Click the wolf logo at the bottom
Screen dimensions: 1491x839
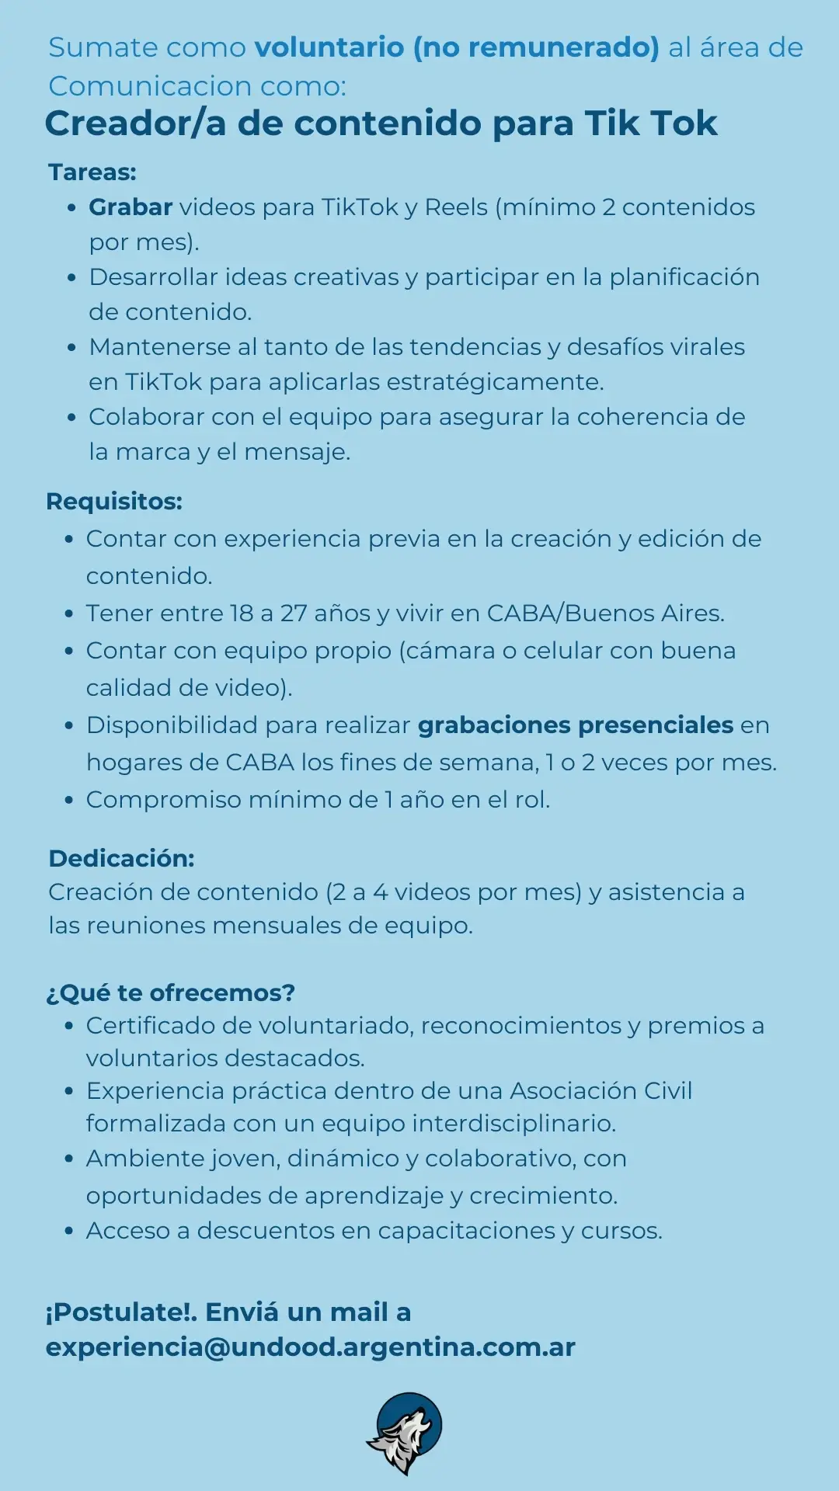pos(405,1433)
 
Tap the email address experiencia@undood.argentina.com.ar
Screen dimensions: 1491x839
pos(310,1347)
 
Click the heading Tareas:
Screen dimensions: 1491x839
pos(92,172)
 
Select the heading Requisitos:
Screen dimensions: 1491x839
pos(114,501)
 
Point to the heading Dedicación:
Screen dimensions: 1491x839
pos(121,858)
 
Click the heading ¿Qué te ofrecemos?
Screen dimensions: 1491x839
pos(171,992)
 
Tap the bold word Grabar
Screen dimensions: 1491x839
pos(131,207)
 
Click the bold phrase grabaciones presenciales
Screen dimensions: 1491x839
pos(576,725)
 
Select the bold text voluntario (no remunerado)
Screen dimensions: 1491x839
pos(457,47)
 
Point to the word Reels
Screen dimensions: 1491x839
pos(457,207)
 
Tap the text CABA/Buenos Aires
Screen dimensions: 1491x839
pos(605,613)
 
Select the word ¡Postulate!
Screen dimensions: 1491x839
pos(121,1312)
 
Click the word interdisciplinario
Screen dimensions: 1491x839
pos(513,1124)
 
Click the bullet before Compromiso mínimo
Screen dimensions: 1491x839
pos(70,800)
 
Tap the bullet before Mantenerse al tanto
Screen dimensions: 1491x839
pos(72,347)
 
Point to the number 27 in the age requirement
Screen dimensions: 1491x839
pos(294,613)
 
